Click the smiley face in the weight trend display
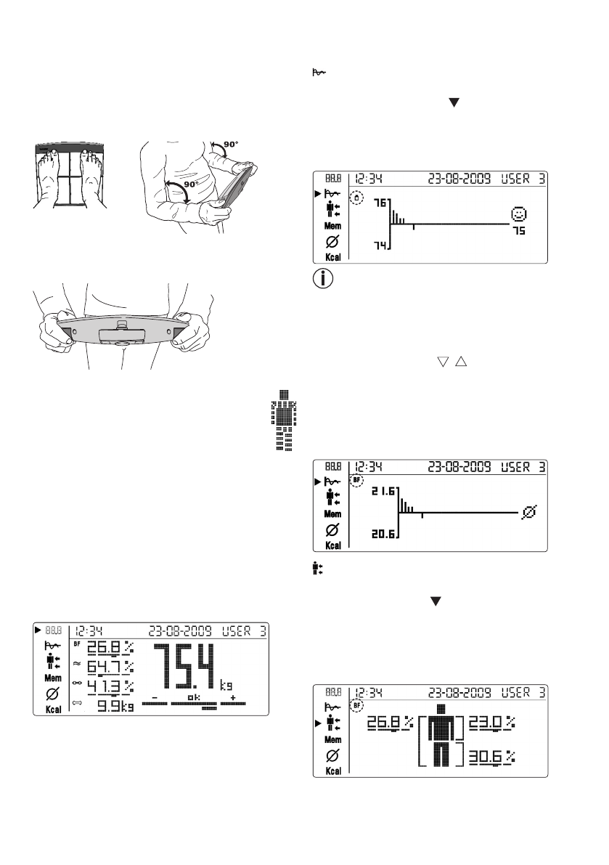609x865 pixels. point(518,214)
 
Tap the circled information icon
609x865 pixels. point(323,279)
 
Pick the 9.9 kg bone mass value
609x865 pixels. point(115,706)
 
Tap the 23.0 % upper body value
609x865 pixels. point(491,722)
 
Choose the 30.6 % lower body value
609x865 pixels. point(491,756)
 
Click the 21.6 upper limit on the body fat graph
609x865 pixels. point(383,491)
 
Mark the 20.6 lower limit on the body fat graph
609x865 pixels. point(383,534)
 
